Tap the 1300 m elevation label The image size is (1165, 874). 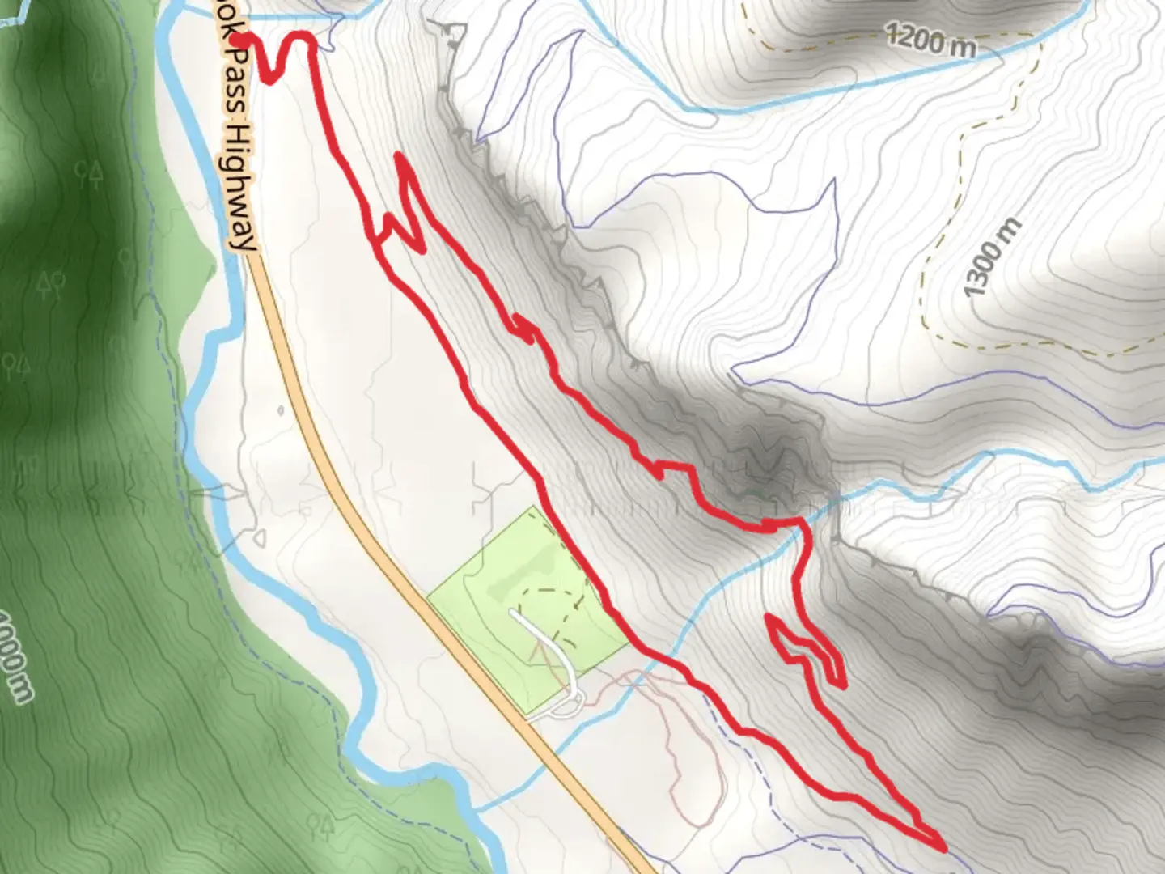point(993,257)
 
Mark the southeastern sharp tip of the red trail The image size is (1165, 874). point(943,847)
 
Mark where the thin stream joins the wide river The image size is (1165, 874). point(477,808)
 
